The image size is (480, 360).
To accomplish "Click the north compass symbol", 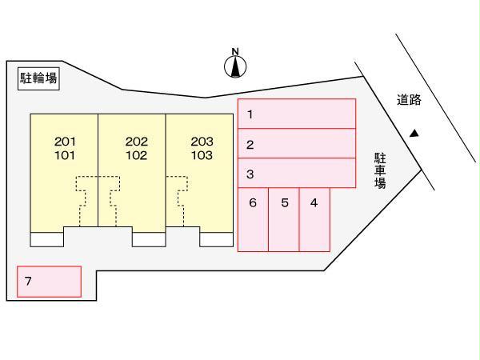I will [x=235, y=66].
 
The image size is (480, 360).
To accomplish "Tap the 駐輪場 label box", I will [x=38, y=77].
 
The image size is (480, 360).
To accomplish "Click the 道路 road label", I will [x=408, y=100].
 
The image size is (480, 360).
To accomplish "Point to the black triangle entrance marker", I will [x=414, y=134].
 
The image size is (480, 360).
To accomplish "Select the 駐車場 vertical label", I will [x=380, y=170].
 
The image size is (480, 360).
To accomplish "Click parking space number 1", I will [x=297, y=114].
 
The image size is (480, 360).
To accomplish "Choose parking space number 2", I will [x=297, y=144].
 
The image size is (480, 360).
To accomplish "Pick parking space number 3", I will [x=297, y=173].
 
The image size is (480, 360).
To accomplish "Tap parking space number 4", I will [x=314, y=219].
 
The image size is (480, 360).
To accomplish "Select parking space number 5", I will [x=284, y=219].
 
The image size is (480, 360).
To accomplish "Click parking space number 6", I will [x=253, y=219].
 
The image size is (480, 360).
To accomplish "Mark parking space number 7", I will [x=50, y=282].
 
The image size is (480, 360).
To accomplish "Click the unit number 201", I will [x=66, y=142].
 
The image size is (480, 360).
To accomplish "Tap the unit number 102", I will [x=136, y=155].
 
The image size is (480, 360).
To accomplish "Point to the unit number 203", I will [x=202, y=142].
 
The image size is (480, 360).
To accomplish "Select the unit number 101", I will [x=66, y=155].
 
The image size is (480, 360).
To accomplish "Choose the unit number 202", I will [x=136, y=142].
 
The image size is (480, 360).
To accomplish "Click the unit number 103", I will [x=202, y=155].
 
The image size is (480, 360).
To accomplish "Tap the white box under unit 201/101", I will [x=46, y=239].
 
